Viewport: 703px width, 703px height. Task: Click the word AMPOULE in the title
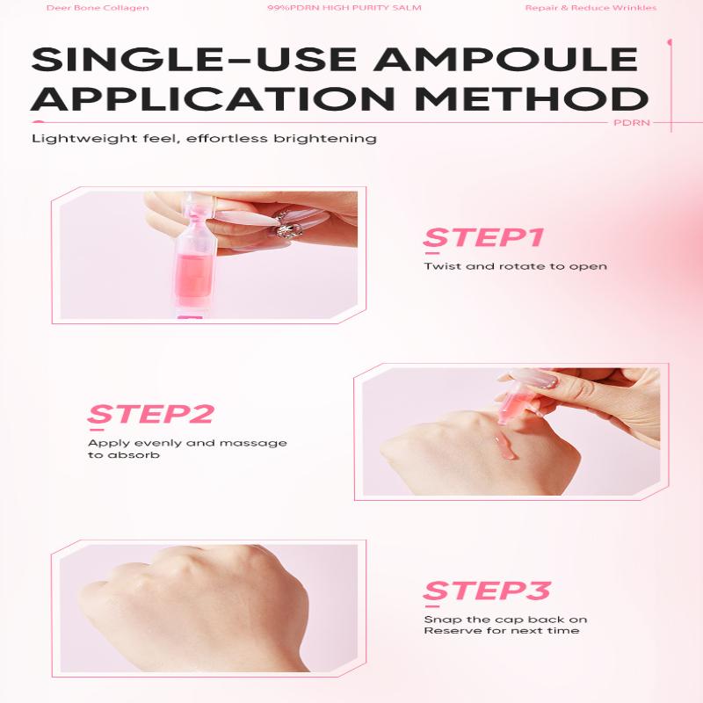(x=505, y=59)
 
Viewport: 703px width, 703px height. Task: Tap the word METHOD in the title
(x=532, y=98)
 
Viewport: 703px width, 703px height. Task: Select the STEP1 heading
(x=484, y=237)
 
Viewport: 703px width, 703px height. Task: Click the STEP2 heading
(x=150, y=414)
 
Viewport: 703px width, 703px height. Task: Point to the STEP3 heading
(x=487, y=590)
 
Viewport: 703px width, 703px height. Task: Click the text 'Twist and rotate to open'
(x=516, y=266)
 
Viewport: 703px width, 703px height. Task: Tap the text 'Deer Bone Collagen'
(x=98, y=8)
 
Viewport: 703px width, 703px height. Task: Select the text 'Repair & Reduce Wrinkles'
(x=591, y=8)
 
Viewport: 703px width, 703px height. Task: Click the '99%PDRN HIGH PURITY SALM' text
(x=344, y=8)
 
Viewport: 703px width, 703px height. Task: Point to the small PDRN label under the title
(x=631, y=122)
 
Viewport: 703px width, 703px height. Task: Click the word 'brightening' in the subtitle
(x=325, y=139)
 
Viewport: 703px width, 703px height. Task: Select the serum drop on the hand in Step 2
(x=505, y=447)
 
